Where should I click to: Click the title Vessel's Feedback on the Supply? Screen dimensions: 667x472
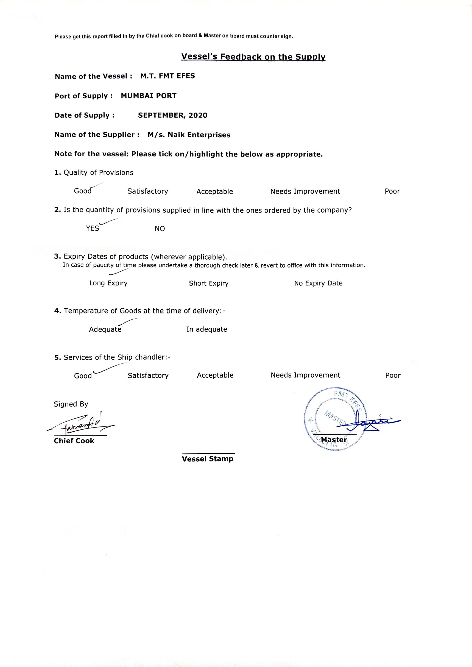pos(253,57)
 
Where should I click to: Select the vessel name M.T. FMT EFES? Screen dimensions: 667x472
pos(167,76)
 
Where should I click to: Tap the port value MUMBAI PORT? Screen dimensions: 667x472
pos(149,96)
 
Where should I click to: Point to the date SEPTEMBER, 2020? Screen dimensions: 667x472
pos(173,115)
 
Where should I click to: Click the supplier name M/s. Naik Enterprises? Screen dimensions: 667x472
pos(189,135)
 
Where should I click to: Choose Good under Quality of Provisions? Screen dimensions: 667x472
pos(83,191)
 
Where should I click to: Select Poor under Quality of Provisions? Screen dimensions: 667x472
pos(392,191)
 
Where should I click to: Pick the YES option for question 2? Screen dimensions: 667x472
pos(93,229)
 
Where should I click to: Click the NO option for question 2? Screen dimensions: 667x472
pos(160,229)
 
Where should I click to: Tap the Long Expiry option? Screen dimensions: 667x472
pos(108,283)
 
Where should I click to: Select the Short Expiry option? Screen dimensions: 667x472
pos(209,284)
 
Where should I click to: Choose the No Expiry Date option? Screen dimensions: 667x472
pos(318,283)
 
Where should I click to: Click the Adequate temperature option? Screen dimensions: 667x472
pos(105,329)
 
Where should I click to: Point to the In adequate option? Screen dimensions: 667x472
pos(207,329)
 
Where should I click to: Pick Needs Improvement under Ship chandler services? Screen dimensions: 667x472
pos(305,375)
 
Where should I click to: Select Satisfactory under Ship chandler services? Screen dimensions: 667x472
pos(148,376)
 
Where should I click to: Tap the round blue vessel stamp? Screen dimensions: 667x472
pos(335,419)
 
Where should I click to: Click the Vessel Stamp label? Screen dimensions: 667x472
pos(208,459)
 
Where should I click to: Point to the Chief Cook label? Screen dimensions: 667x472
pos(74,441)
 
